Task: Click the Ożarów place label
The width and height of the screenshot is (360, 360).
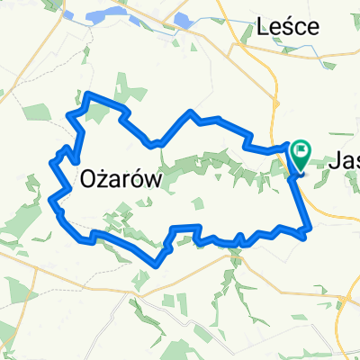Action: (x=120, y=178)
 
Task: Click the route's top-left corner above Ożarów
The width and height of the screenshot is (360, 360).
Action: (x=70, y=113)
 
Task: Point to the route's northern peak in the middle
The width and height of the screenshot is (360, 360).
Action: (x=191, y=111)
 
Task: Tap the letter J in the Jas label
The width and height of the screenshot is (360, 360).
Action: (x=334, y=160)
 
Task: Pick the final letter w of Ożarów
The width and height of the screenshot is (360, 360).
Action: (x=152, y=180)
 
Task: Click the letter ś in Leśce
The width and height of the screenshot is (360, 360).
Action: (x=285, y=27)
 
